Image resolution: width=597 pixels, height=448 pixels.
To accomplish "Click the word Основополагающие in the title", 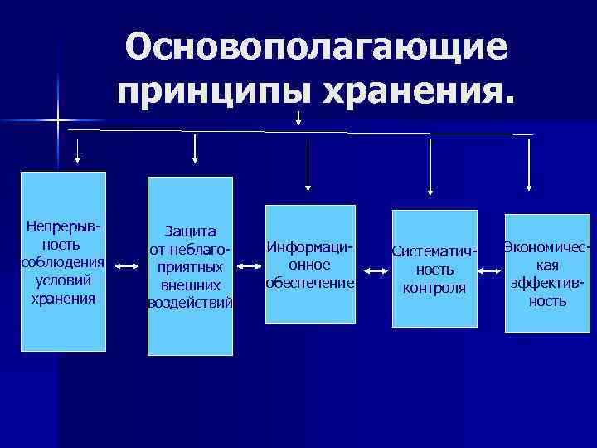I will click(x=315, y=47).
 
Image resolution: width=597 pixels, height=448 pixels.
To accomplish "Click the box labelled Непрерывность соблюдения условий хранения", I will click(x=63, y=261).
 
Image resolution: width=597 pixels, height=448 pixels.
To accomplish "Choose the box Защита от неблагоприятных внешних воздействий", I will click(x=190, y=265).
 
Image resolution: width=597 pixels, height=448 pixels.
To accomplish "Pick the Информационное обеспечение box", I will click(x=310, y=251).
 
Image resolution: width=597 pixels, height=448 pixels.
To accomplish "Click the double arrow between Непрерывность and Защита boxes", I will click(x=127, y=266).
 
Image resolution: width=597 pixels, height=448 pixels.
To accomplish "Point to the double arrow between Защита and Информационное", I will click(x=248, y=266).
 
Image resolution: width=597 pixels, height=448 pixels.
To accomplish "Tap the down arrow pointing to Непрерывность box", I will click(x=78, y=150).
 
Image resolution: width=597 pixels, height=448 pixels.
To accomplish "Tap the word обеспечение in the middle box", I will click(x=310, y=282).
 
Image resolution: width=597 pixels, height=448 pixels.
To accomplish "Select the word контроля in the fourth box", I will click(x=434, y=288).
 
